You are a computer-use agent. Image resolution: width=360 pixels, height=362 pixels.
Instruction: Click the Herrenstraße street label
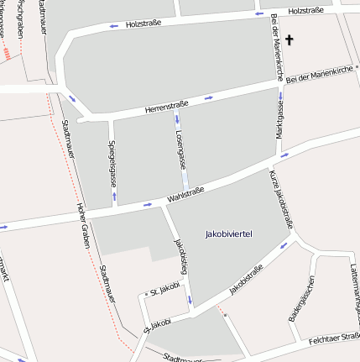click(x=166, y=107)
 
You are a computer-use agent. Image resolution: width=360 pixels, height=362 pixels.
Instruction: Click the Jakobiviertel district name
click(x=228, y=233)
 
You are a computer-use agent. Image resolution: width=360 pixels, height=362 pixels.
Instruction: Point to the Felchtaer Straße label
click(x=334, y=340)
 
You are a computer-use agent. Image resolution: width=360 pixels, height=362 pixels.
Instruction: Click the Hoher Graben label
click(x=84, y=226)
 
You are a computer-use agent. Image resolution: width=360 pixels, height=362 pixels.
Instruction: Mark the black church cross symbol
click(x=290, y=39)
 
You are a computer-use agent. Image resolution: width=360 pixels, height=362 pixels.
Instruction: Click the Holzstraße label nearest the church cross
click(x=305, y=12)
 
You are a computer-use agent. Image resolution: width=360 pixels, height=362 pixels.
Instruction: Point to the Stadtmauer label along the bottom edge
click(x=184, y=358)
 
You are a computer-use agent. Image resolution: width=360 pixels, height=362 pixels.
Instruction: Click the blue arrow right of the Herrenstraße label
click(x=208, y=97)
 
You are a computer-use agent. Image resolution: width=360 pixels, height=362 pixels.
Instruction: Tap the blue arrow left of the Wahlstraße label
click(x=148, y=204)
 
